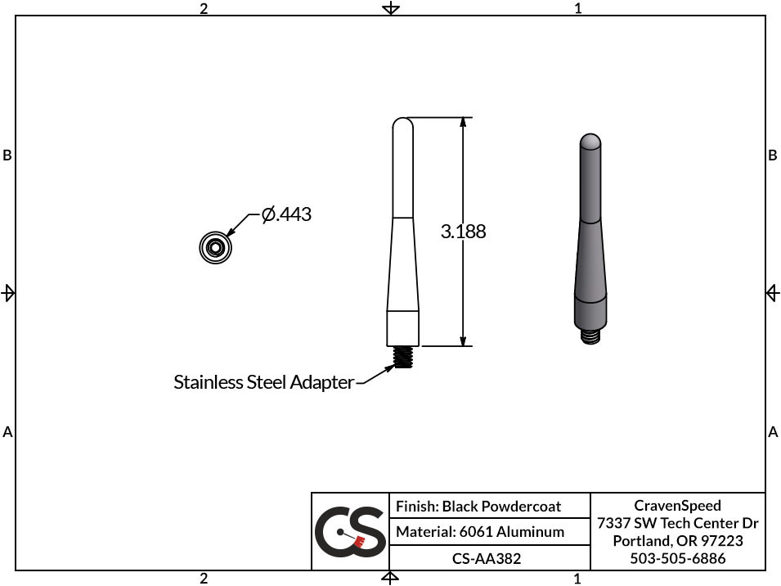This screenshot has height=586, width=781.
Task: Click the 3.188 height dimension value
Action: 464,232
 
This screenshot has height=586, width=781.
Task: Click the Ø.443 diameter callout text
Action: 287,215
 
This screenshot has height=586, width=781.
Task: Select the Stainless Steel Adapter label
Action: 263,382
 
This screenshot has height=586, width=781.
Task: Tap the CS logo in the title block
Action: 350,532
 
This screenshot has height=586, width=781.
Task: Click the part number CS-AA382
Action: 487,558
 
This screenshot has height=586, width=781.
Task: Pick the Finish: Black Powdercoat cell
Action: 478,507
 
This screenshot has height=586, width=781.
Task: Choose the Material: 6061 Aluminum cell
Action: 480,532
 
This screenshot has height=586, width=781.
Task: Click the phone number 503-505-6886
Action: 678,558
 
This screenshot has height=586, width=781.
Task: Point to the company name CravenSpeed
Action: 678,506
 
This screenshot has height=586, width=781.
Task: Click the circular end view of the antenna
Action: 216,247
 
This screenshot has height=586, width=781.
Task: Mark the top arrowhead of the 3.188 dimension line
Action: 463,123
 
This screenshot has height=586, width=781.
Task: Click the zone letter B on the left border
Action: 7,155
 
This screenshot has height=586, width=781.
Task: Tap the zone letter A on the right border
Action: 773,431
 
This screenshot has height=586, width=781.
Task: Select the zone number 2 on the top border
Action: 204,8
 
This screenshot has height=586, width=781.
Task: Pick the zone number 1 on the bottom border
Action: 578,579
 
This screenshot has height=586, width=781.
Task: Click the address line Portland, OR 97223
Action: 678,541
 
